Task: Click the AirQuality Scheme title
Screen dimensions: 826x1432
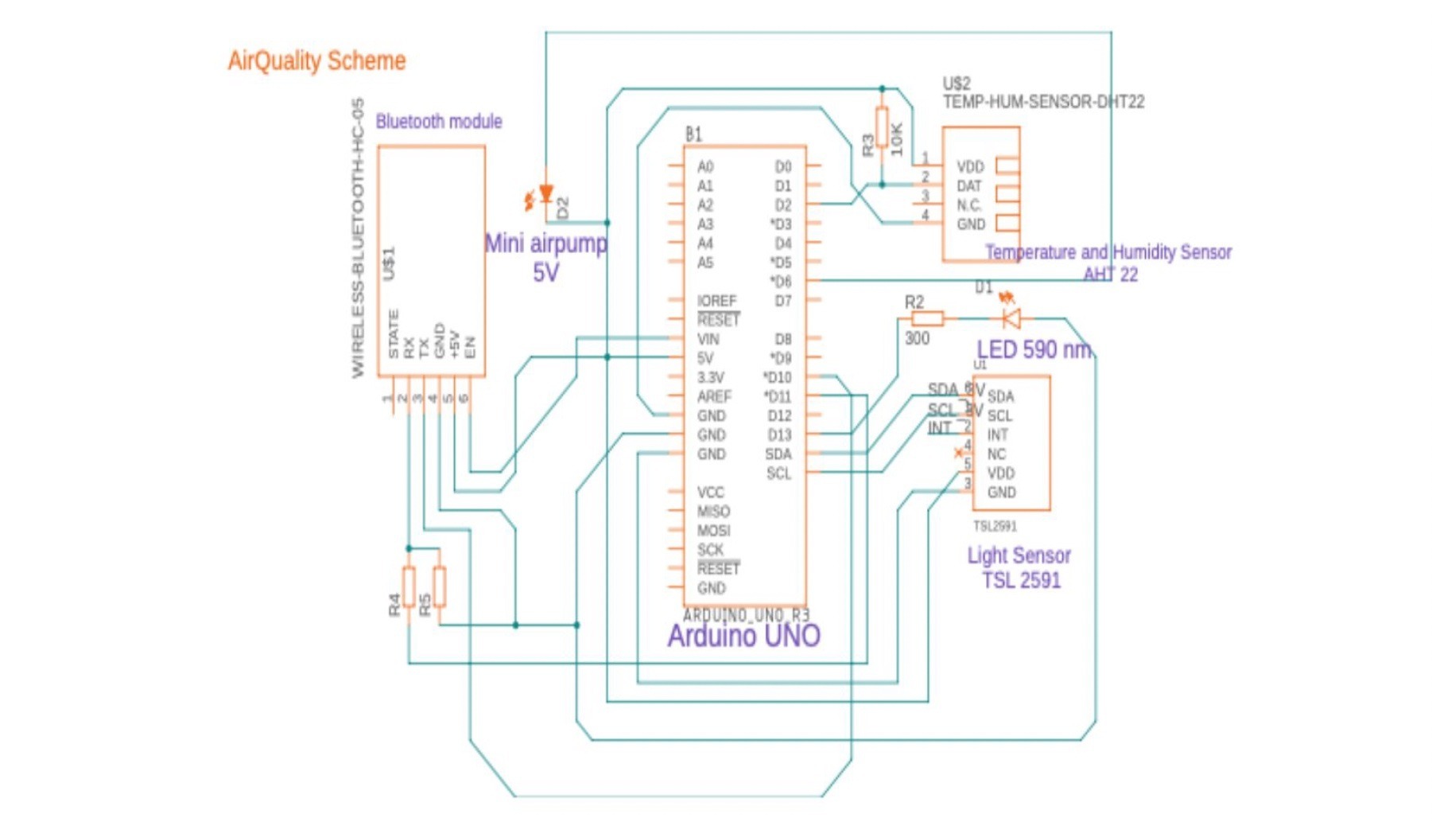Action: coord(316,60)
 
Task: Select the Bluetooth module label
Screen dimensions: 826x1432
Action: coord(439,122)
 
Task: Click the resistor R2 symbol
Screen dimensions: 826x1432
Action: coord(927,319)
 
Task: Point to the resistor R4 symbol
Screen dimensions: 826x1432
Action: coord(409,587)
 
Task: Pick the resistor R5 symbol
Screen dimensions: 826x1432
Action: coord(440,587)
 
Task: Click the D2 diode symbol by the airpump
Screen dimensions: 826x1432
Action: coord(546,193)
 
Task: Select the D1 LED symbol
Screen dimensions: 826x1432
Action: coord(1011,319)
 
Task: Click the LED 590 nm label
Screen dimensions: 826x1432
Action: coord(1034,349)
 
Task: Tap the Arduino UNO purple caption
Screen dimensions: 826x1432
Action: coord(743,636)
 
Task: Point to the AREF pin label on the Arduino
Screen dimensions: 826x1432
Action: coord(714,396)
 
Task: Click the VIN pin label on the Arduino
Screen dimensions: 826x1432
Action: coord(708,339)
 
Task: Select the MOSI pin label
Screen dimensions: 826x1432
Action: coord(713,531)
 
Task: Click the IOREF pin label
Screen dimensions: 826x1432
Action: coord(716,301)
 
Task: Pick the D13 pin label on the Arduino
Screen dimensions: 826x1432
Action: coord(779,434)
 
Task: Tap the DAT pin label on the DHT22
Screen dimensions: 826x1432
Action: coord(969,186)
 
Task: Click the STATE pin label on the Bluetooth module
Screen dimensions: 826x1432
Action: coord(394,334)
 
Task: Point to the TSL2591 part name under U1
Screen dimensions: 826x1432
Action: coord(995,526)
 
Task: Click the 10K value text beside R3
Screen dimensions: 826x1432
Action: coord(898,139)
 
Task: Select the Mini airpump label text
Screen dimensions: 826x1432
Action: coord(546,244)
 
